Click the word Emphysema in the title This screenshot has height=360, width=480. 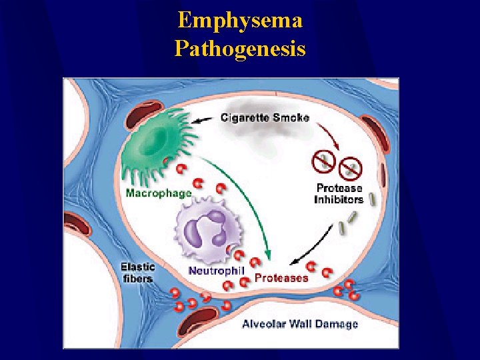click(240, 20)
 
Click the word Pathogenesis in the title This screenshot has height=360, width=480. click(240, 49)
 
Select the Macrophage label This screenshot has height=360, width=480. click(159, 194)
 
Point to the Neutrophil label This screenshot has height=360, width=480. click(217, 270)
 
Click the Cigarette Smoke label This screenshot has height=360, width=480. click(265, 117)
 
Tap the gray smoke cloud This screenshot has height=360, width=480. click(267, 137)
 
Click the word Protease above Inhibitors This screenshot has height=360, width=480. click(339, 187)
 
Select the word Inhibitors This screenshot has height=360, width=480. click(339, 199)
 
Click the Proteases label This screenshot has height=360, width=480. click(282, 277)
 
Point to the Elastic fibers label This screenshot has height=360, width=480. click(138, 273)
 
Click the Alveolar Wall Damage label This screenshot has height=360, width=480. click(299, 324)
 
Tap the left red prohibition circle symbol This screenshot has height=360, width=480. click(324, 160)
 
